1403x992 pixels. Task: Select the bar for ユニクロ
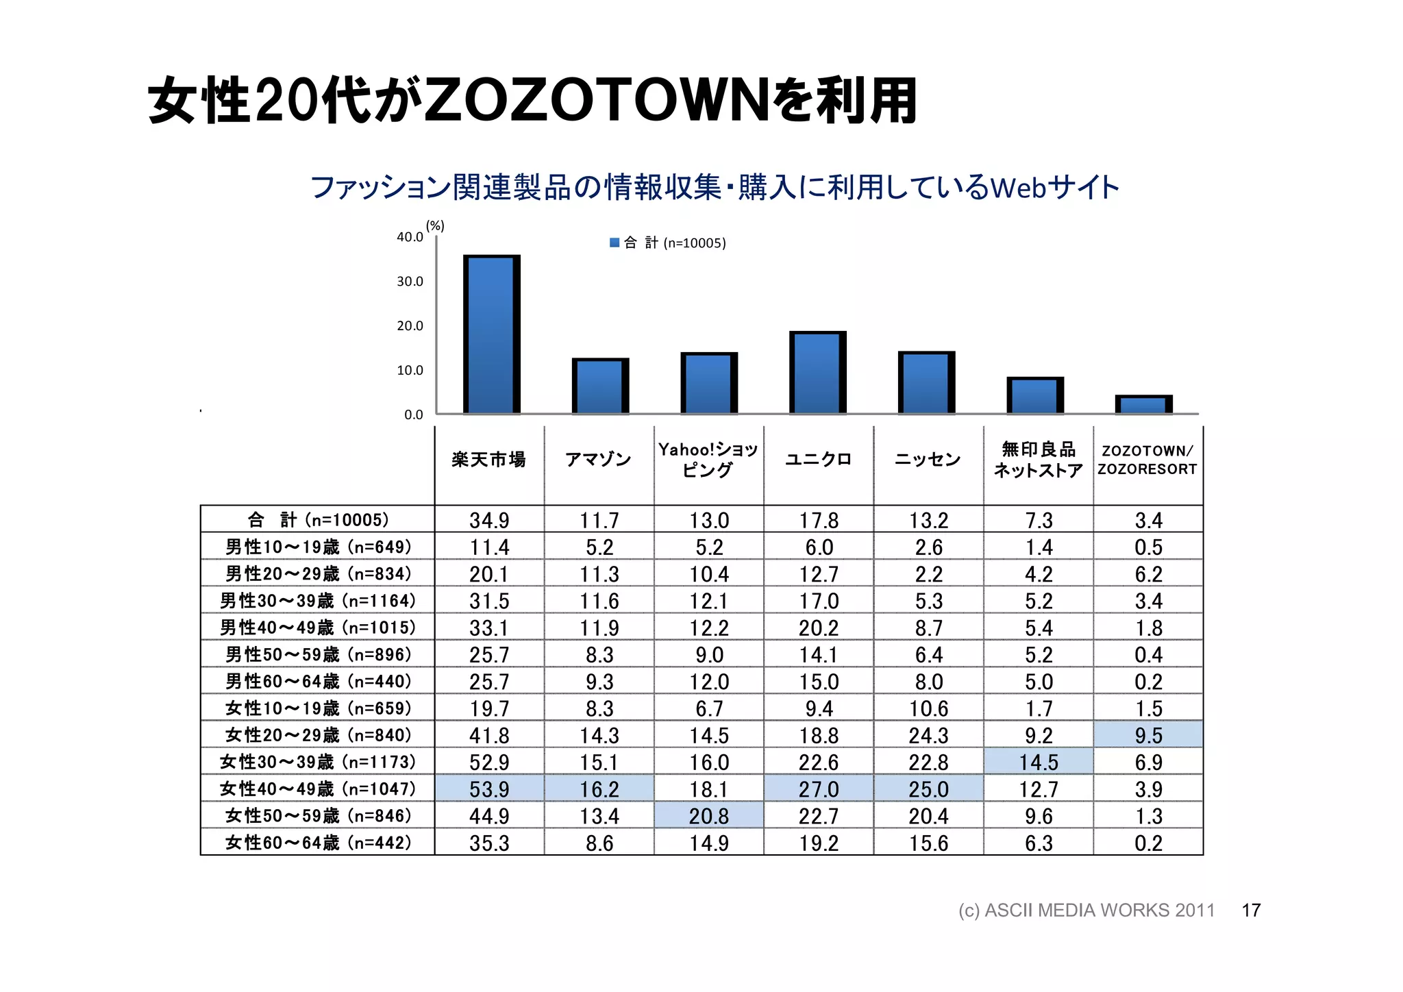[x=817, y=373]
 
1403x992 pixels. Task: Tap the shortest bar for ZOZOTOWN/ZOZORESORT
[x=1143, y=405]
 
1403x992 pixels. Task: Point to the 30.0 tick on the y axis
[x=410, y=282]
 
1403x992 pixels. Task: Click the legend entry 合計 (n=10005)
[x=668, y=243]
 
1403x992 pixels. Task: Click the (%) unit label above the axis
[x=435, y=225]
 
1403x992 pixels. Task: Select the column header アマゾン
[x=598, y=459]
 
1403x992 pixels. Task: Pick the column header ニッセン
[x=928, y=459]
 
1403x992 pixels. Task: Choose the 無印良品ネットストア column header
[x=1038, y=459]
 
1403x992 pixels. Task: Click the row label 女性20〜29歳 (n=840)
[x=318, y=735]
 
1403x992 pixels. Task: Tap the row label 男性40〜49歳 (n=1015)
[x=318, y=628]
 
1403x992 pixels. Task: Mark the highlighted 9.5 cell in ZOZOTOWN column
[x=1148, y=735]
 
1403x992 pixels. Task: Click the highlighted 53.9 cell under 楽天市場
[x=489, y=789]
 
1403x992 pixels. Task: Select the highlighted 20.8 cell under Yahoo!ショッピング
[x=708, y=816]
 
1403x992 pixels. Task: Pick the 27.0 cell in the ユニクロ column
[x=819, y=789]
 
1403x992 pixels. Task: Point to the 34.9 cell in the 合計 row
[x=489, y=520]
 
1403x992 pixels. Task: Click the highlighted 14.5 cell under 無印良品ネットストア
[x=1038, y=762]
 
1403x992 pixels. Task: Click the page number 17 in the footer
[x=1251, y=910]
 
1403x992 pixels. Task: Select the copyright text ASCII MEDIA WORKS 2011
[x=1099, y=910]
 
